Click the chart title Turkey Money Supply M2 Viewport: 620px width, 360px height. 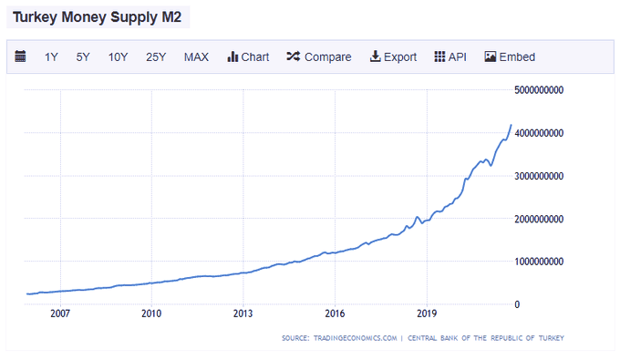click(98, 16)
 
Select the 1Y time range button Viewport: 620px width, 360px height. click(51, 57)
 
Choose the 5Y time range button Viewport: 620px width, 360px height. click(83, 57)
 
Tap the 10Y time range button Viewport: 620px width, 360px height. click(118, 57)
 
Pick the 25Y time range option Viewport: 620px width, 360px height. click(156, 57)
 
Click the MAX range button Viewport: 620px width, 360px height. click(196, 57)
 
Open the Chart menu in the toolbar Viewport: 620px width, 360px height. click(248, 57)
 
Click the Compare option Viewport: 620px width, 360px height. click(318, 57)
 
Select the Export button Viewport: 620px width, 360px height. click(393, 57)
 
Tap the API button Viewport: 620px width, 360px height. click(450, 57)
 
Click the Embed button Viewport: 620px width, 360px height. click(510, 57)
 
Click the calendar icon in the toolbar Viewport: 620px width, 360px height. click(21, 57)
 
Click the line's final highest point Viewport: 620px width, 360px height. click(511, 125)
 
